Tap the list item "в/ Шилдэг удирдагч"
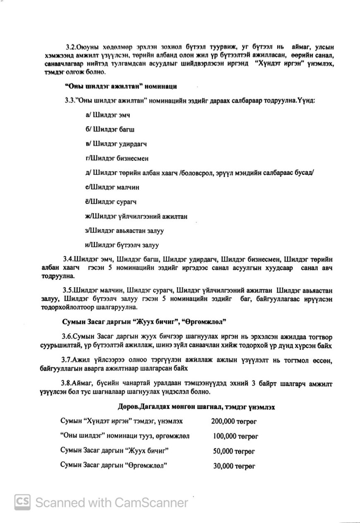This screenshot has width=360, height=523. click(x=116, y=144)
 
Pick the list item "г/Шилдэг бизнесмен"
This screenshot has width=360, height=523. click(x=116, y=158)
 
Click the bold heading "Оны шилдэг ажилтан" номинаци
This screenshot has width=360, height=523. click(x=121, y=86)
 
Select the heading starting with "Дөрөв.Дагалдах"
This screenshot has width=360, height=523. click(x=199, y=407)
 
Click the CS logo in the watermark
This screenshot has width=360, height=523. click(x=23, y=502)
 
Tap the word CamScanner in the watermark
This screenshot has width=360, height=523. click(x=151, y=502)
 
